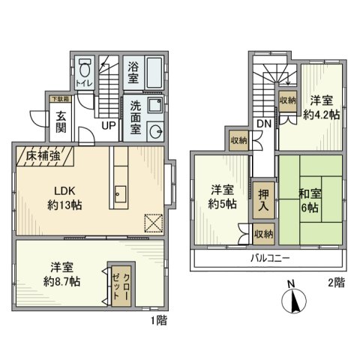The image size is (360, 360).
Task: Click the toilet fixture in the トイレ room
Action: (x=85, y=65)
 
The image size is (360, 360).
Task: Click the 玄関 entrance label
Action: (x=60, y=122)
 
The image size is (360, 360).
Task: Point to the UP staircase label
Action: (x=109, y=126)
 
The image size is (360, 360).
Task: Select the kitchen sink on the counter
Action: (x=120, y=196)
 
